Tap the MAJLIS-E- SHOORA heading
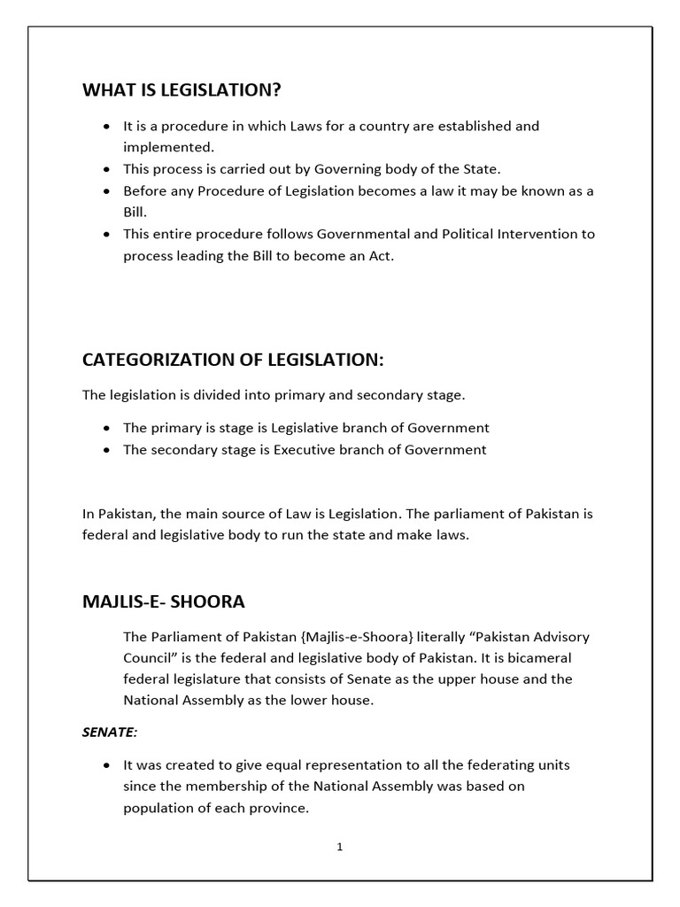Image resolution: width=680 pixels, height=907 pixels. click(x=163, y=601)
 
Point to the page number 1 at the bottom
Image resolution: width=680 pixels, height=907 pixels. click(x=339, y=847)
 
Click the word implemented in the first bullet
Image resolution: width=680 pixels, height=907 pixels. click(x=166, y=147)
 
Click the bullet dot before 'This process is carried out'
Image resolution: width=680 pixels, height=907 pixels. click(x=107, y=169)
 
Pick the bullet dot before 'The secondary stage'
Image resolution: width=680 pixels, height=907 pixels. click(x=107, y=450)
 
